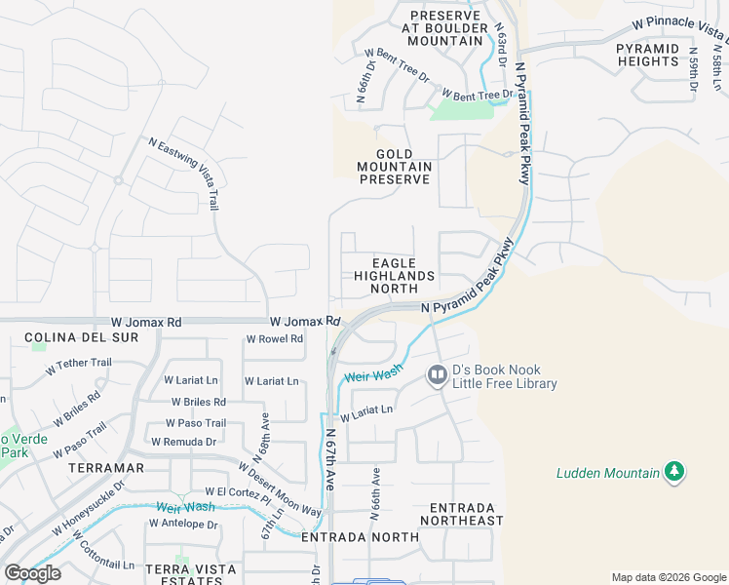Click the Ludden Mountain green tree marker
point(673,473)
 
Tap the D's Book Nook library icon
point(437,373)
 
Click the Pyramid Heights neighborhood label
point(647,54)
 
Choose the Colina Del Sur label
point(82,337)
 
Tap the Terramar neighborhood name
point(107,468)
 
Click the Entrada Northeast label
point(462,514)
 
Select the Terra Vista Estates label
point(190,574)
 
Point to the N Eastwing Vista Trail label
point(184,174)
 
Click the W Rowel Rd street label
point(275,339)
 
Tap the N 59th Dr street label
point(694,71)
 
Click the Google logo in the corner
point(33,573)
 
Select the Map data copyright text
point(668,577)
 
